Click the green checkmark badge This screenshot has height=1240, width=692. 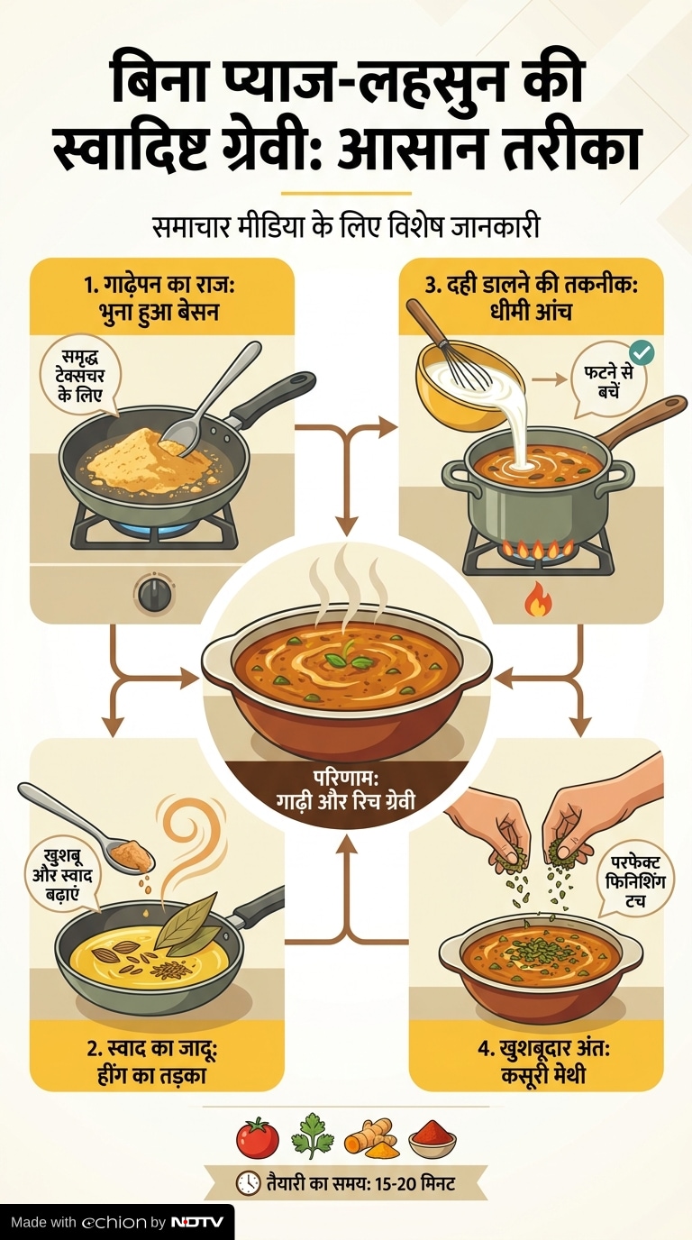[x=642, y=352]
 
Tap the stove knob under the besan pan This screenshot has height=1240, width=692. [x=154, y=595]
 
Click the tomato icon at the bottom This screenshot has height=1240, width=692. [x=258, y=1137]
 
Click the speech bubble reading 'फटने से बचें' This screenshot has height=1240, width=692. [x=608, y=382]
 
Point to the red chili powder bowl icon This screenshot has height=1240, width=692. [x=432, y=1139]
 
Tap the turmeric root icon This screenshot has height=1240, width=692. [x=371, y=1138]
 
